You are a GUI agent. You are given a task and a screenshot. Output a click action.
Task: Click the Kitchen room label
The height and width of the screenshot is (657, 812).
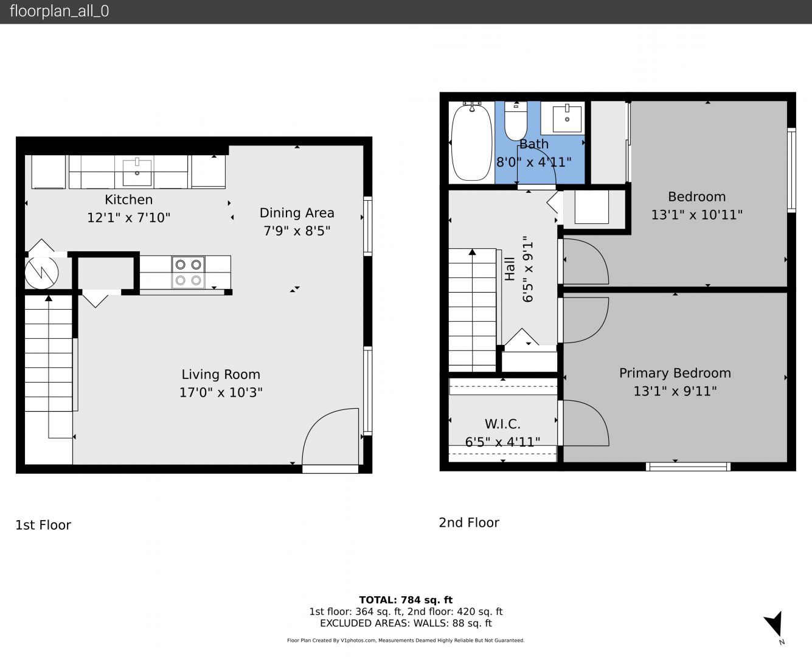coord(128,200)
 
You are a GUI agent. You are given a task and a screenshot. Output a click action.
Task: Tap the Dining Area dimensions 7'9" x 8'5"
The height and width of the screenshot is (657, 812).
coord(297,231)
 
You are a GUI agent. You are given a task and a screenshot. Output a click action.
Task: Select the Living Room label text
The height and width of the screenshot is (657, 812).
coord(221,375)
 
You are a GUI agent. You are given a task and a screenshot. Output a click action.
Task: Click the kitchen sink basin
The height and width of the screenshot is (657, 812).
coord(137,172)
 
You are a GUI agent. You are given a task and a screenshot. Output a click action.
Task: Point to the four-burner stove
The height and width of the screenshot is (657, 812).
coord(188,273)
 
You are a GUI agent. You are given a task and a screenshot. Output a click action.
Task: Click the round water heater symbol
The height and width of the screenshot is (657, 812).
coord(41,273)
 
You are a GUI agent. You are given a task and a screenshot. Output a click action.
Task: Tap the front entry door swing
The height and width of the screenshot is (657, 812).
coord(330,437)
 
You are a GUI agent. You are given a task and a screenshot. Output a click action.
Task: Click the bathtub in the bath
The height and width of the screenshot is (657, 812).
coord(471,142)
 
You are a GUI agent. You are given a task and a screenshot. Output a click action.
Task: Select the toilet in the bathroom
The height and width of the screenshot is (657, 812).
coord(516,121)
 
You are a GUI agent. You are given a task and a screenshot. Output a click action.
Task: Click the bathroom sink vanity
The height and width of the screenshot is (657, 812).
coord(563,118)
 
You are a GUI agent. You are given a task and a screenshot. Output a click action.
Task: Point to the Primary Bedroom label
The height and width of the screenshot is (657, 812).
coord(675,373)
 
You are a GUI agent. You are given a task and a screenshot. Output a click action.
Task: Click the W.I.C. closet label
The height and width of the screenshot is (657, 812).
coord(502,423)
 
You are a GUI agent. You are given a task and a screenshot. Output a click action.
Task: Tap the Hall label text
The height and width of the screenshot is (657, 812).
coord(510,269)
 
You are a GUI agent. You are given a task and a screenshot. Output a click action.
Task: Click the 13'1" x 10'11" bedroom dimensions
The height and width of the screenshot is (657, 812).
coord(696,215)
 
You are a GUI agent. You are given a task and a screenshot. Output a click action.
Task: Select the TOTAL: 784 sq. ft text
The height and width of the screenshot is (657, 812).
coord(406,600)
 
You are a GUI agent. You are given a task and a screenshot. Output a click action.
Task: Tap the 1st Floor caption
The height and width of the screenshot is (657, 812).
coord(43,525)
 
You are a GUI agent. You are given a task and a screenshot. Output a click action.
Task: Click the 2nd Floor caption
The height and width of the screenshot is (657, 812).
coord(469,523)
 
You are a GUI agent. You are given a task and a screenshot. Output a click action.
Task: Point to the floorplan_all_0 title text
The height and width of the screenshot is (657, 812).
coord(60,11)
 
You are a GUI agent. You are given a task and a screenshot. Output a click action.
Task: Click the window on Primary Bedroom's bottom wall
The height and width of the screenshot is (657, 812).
coord(688,467)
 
